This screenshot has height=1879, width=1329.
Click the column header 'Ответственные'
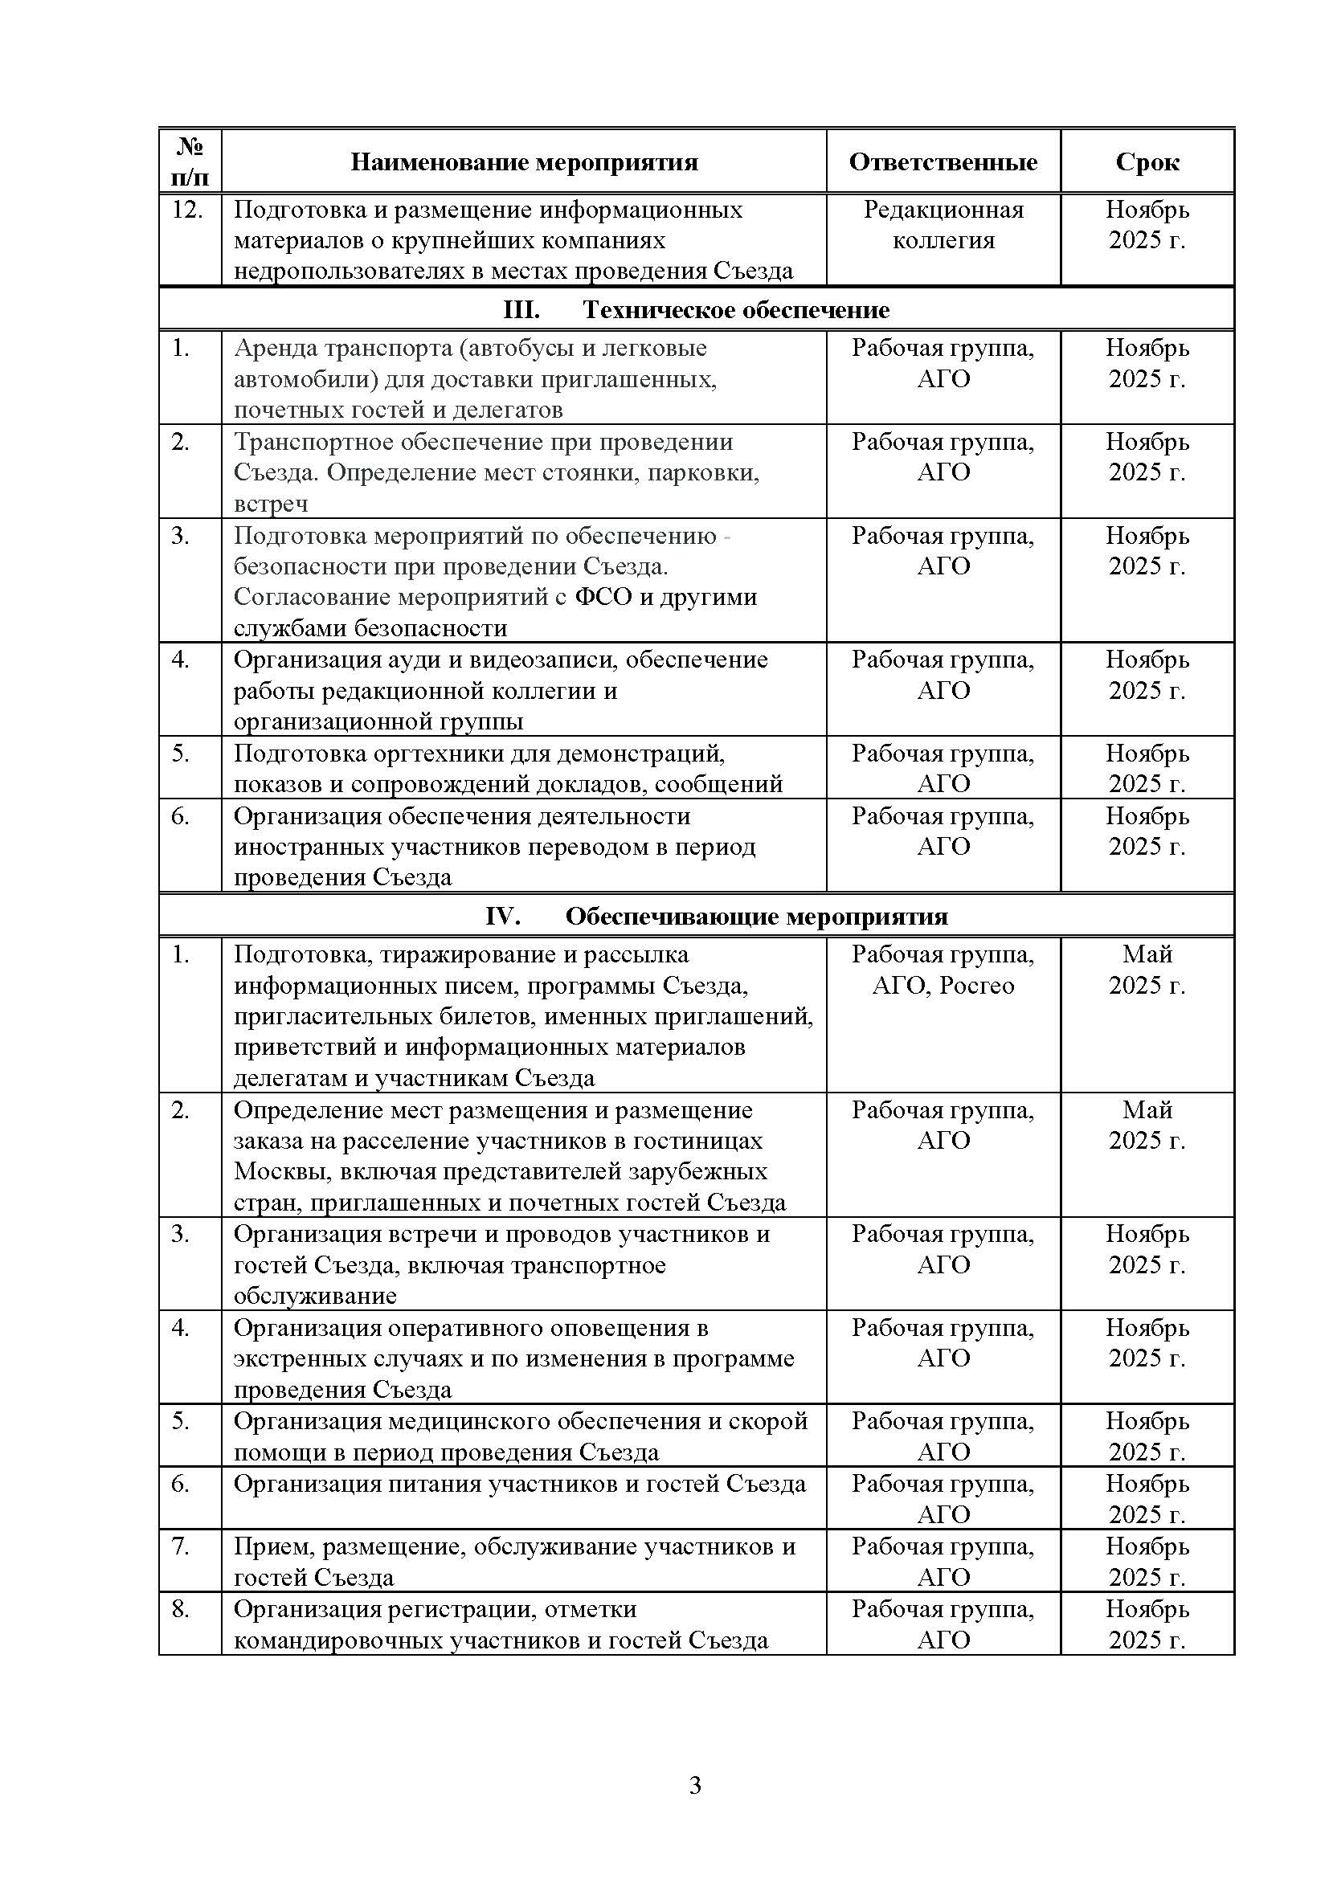(943, 162)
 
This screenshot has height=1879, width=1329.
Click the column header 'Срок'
(1147, 162)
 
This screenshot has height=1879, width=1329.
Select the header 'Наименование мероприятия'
(524, 162)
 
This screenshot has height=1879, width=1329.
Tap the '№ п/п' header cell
(190, 161)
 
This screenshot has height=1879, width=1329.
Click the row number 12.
(187, 210)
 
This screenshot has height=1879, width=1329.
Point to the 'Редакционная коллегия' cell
(943, 225)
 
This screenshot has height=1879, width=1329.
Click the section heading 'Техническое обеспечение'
(736, 310)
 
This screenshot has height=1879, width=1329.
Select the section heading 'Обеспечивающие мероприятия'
(756, 916)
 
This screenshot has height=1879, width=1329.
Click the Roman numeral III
(521, 310)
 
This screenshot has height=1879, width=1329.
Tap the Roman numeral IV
(502, 916)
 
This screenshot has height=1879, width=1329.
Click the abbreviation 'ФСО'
(604, 598)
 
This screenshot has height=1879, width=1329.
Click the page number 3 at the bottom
(695, 1786)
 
